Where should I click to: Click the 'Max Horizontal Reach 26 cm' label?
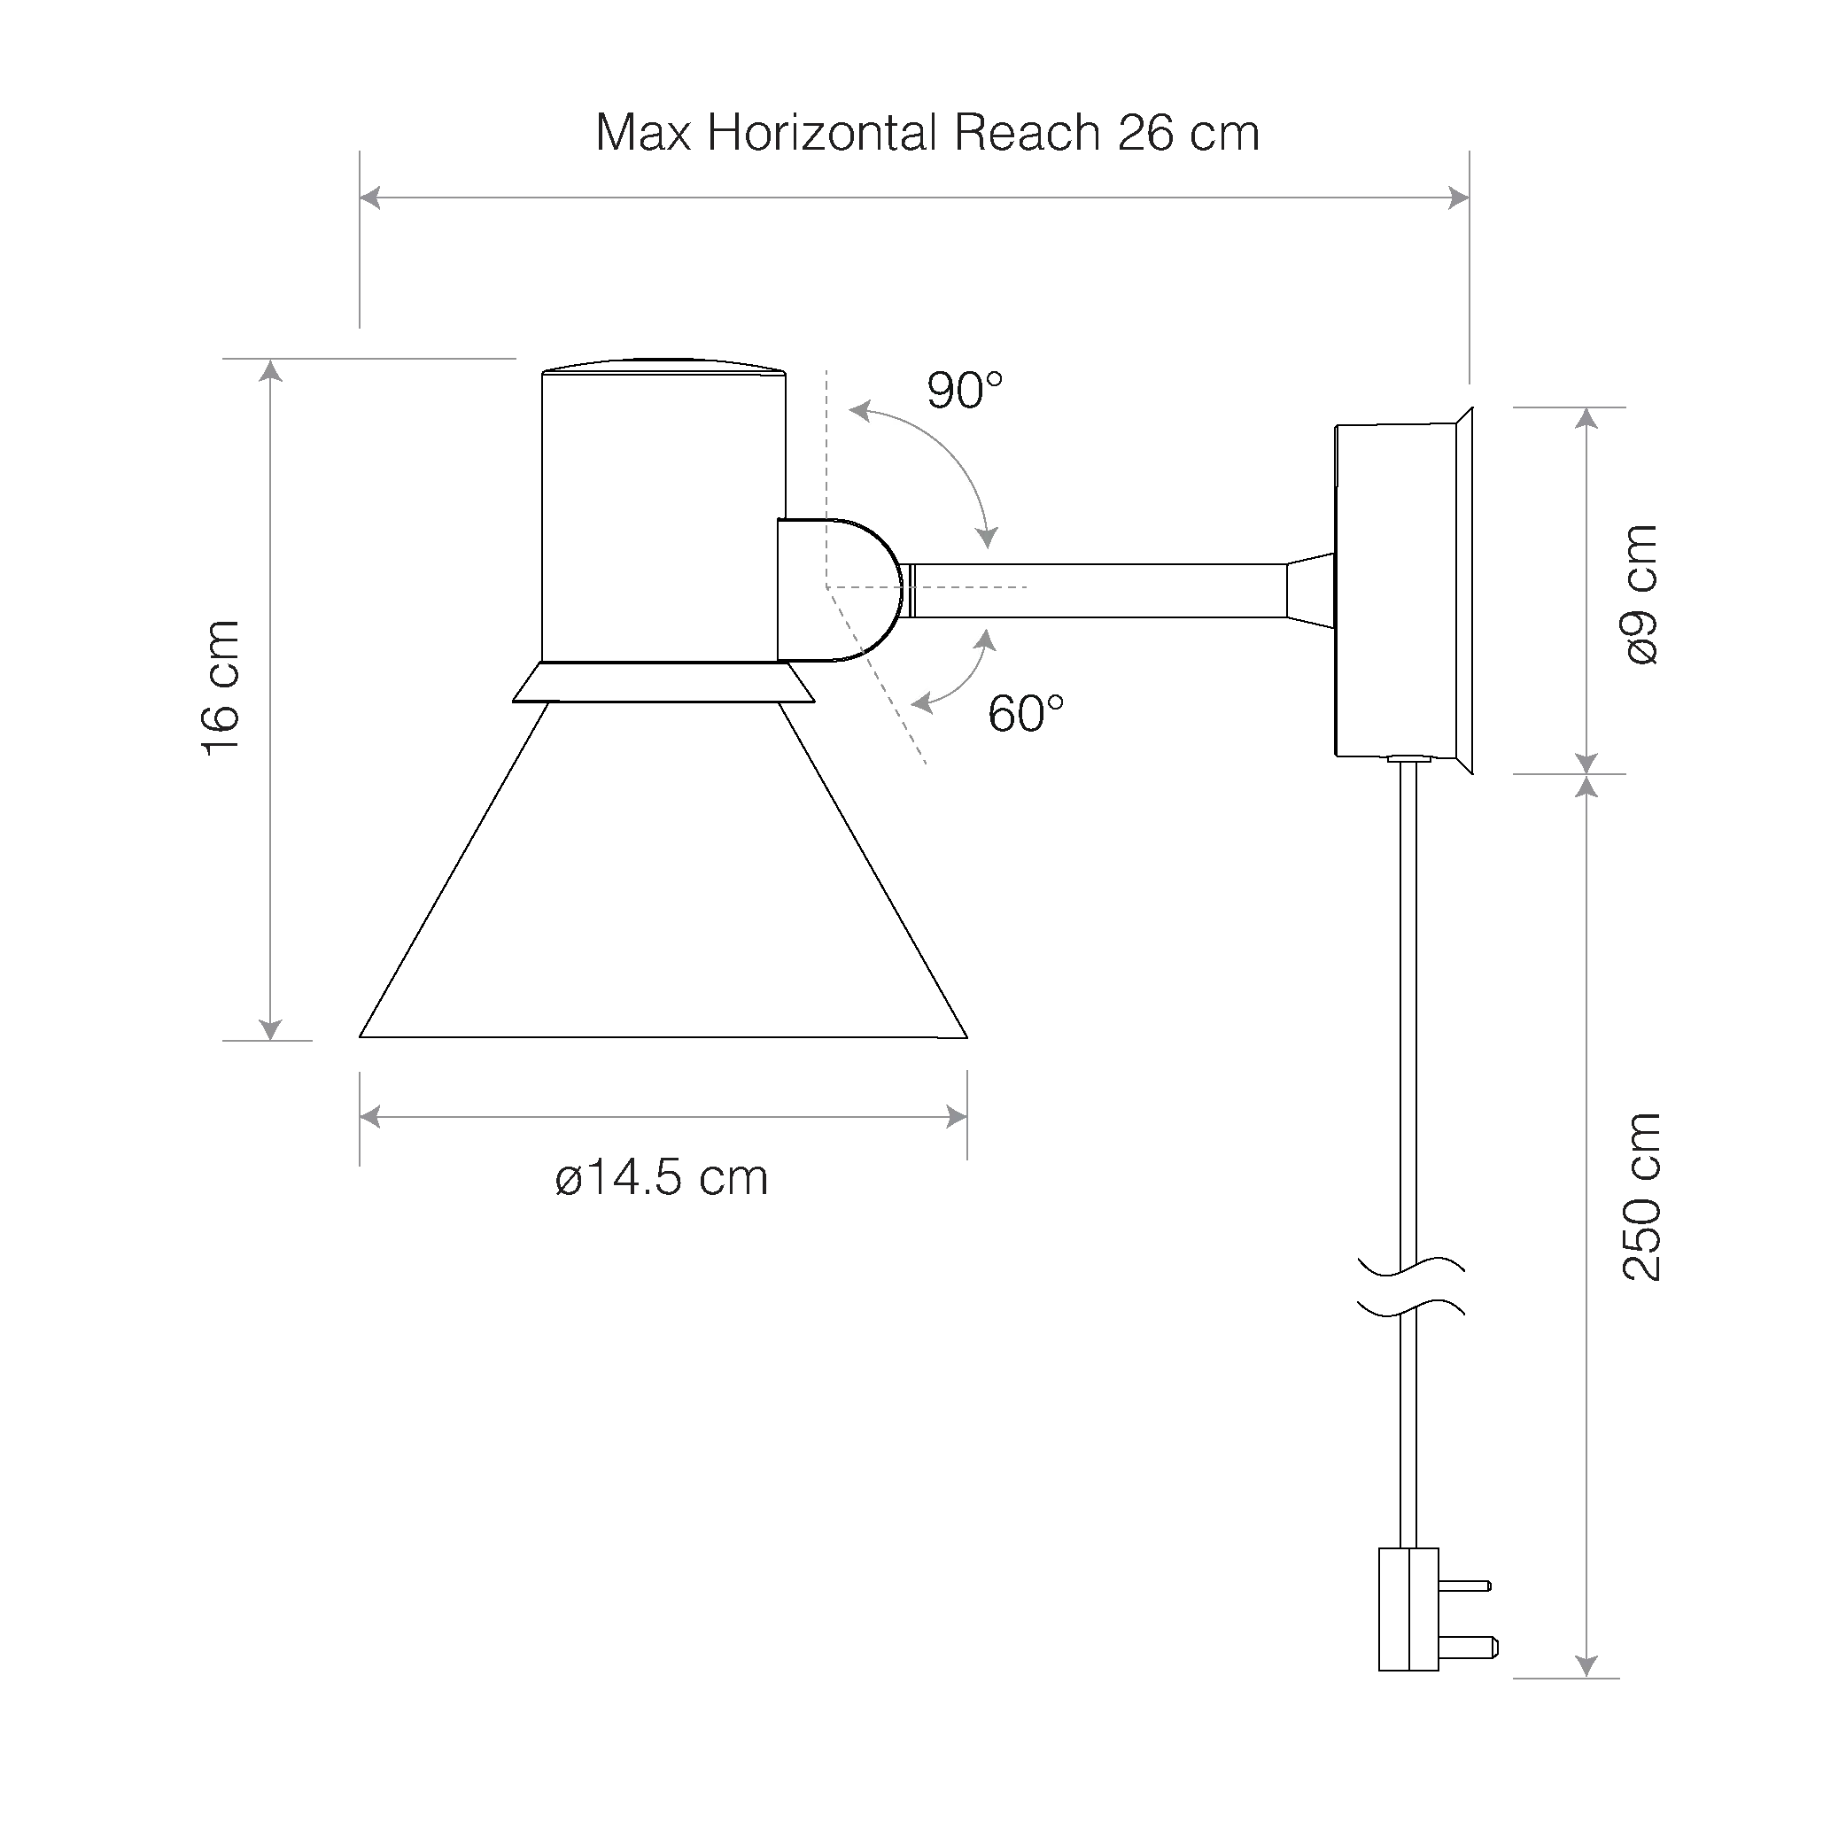[x=927, y=133]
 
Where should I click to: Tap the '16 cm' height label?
[x=221, y=688]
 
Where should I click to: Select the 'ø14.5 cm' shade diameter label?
[x=661, y=1178]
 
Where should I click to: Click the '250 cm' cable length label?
[x=1641, y=1198]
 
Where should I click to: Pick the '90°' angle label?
[x=965, y=391]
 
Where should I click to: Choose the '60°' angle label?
[x=1026, y=714]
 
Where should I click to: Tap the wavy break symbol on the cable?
[x=1410, y=1287]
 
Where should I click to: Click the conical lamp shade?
[x=663, y=870]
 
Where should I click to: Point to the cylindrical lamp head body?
[x=663, y=516]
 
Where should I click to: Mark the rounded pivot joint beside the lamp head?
[x=840, y=590]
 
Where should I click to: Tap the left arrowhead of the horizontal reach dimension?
[x=369, y=198]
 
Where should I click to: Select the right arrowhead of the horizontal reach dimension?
[x=1459, y=198]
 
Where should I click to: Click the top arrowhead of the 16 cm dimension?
[x=271, y=369]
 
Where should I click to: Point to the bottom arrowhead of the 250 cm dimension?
[x=1586, y=1693]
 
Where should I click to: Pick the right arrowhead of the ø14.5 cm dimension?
[x=957, y=1116]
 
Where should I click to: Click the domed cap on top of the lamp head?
[x=663, y=366]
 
